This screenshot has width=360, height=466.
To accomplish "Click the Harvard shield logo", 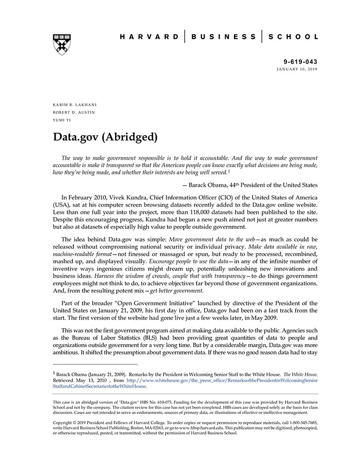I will (x=62, y=44).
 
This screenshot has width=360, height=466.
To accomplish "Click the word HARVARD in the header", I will (x=149, y=37).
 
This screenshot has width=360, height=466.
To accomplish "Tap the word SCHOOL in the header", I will (x=295, y=37).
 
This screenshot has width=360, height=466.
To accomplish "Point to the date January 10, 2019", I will (x=297, y=69).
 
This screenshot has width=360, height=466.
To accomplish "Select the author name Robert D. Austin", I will (x=74, y=112).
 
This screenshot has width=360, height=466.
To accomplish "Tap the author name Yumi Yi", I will (x=62, y=120).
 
